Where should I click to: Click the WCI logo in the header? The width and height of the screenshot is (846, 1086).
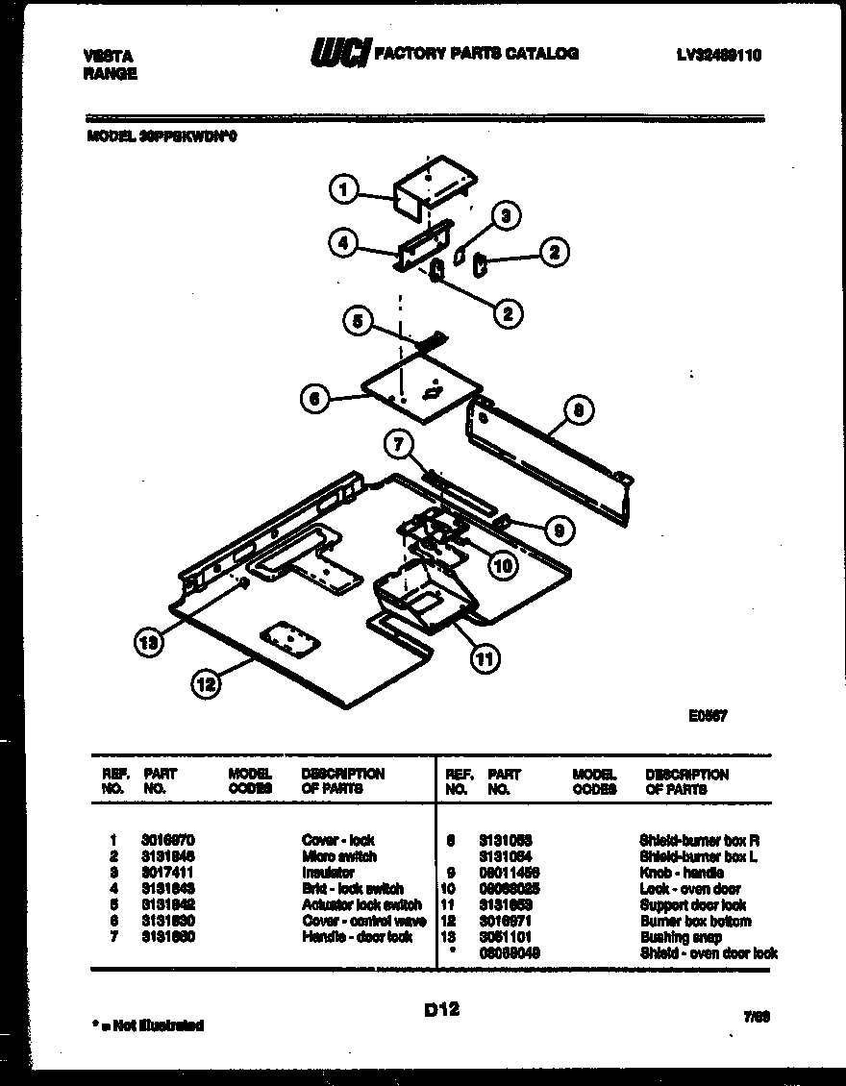pyautogui.click(x=338, y=54)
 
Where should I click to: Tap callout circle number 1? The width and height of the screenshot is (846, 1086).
pyautogui.click(x=343, y=189)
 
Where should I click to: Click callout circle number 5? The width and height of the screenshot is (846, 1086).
pyautogui.click(x=358, y=323)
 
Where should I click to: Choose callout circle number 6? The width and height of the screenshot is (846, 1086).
pyautogui.click(x=314, y=397)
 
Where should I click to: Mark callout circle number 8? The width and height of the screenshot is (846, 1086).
pyautogui.click(x=579, y=410)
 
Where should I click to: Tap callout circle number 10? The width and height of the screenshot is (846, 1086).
pyautogui.click(x=502, y=565)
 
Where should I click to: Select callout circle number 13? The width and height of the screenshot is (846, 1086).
pyautogui.click(x=148, y=644)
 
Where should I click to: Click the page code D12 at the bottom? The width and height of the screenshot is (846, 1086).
pyautogui.click(x=441, y=1009)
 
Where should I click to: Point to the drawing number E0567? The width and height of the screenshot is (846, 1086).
pyautogui.click(x=707, y=715)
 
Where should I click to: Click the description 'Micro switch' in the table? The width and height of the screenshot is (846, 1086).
pyautogui.click(x=339, y=856)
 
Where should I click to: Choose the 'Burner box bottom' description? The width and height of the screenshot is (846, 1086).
pyautogui.click(x=695, y=921)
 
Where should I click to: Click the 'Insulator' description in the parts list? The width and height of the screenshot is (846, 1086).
pyautogui.click(x=328, y=873)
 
